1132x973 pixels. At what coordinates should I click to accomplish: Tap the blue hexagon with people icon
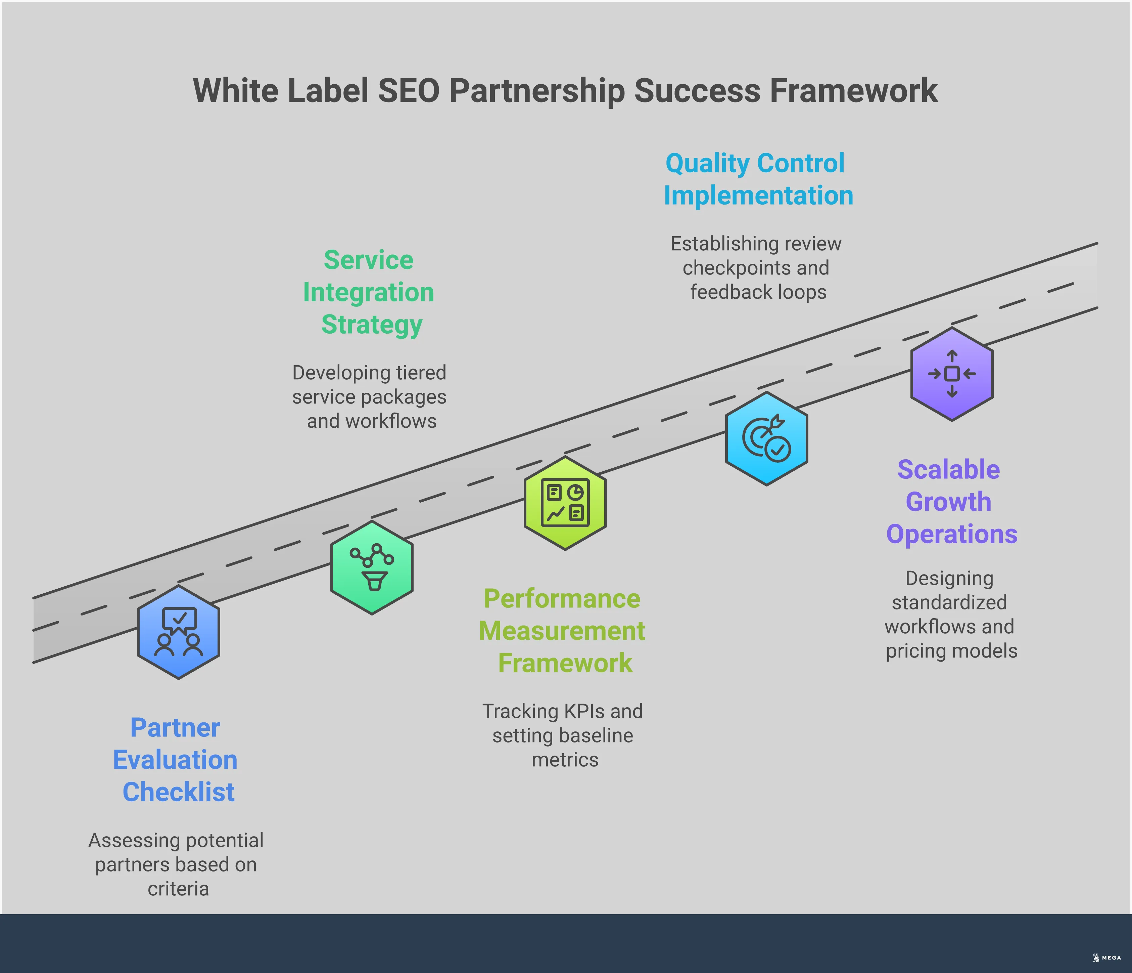point(179,632)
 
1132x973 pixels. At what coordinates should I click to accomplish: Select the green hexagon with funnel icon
point(372,568)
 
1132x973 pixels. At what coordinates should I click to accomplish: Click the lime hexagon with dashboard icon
point(565,503)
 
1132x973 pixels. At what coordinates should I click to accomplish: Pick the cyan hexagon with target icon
point(766,439)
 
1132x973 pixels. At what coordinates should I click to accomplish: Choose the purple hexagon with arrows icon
point(952,374)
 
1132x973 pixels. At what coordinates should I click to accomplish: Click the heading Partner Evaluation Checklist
point(175,760)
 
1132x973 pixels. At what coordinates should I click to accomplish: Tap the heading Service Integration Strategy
point(369,292)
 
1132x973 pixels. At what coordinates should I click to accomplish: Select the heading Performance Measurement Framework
point(562,631)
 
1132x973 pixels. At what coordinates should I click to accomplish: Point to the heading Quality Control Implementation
point(758,179)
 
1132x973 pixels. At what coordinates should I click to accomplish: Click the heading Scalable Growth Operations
point(951,502)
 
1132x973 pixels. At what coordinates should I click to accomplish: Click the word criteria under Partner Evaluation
point(178,888)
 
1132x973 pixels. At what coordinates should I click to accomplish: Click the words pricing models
point(951,650)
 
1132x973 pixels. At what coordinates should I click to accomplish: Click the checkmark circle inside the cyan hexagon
point(778,450)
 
